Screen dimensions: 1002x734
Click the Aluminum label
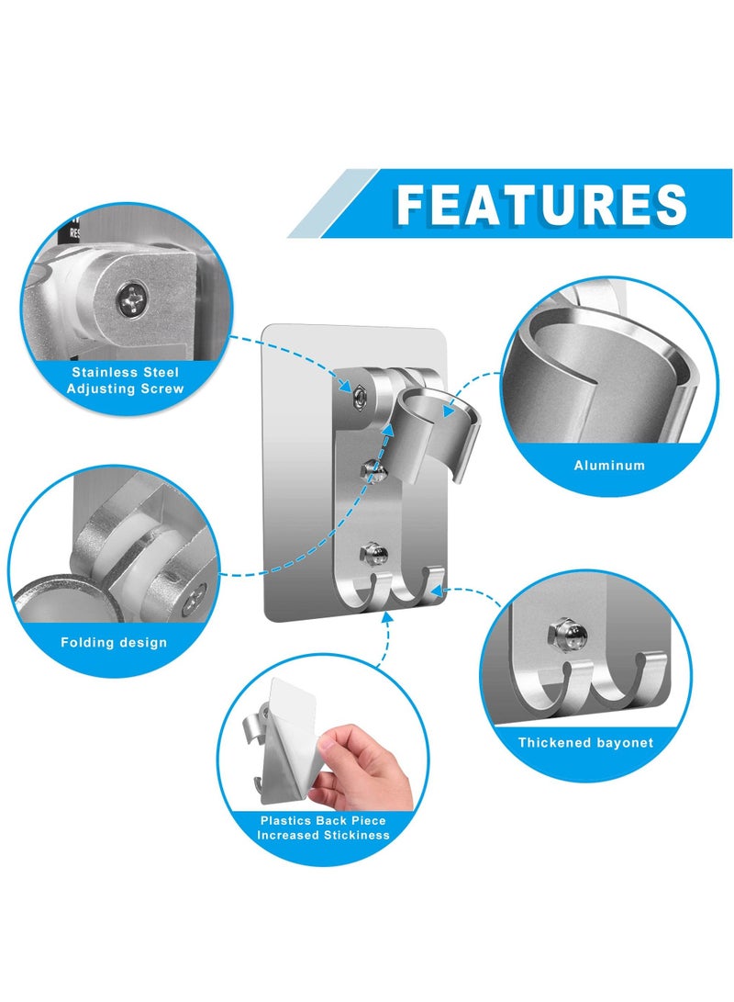[609, 466]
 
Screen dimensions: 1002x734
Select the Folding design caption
[114, 642]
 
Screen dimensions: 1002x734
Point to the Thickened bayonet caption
[585, 742]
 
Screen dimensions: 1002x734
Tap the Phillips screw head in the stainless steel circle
[126, 296]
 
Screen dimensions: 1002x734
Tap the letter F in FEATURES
[416, 204]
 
